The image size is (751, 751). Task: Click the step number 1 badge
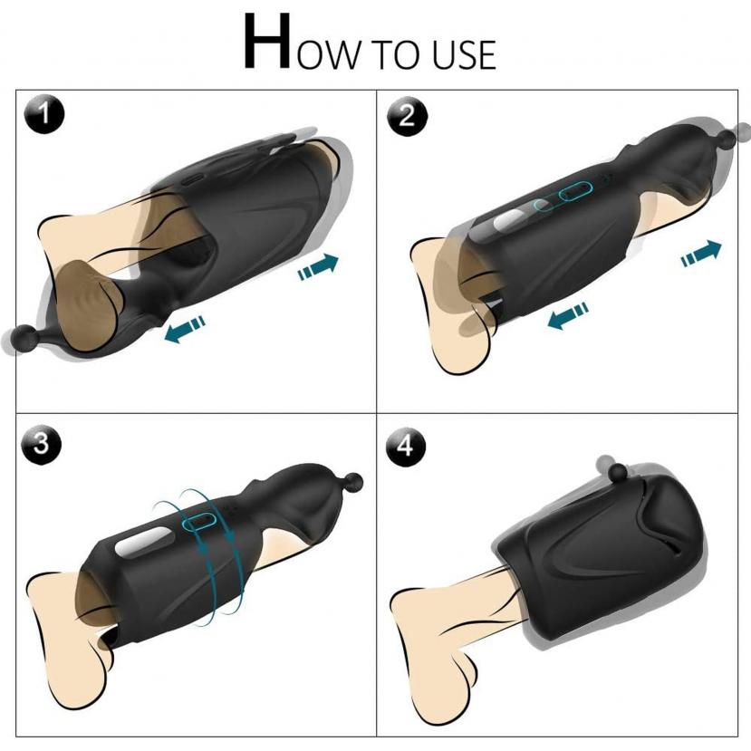[x=44, y=114]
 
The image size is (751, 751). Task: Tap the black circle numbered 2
[x=407, y=116]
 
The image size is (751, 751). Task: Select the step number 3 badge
[x=41, y=444]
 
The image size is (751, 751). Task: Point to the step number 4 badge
[x=406, y=447]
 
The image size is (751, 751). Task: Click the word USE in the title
[x=464, y=55]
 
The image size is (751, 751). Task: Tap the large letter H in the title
[x=267, y=43]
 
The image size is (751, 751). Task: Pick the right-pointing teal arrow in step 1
[x=318, y=266]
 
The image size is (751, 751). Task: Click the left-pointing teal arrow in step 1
[x=185, y=329]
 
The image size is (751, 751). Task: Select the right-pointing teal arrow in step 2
[x=701, y=253]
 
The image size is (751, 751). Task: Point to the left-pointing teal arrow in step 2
[x=568, y=315]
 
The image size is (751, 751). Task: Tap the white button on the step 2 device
[x=512, y=219]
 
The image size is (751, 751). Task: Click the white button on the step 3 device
[x=144, y=542]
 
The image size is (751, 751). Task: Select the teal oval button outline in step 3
[x=199, y=520]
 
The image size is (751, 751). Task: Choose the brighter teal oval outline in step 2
[x=576, y=191]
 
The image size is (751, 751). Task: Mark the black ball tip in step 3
[x=353, y=481]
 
